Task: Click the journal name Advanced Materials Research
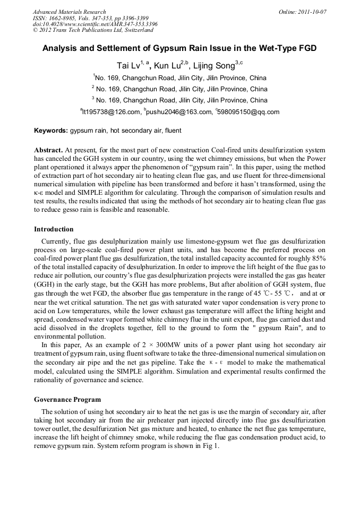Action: tap(69, 12)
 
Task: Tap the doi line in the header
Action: tap(95, 24)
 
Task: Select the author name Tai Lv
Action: tap(128, 66)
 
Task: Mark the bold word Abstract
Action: tap(49, 150)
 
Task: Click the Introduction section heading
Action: tap(54, 229)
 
